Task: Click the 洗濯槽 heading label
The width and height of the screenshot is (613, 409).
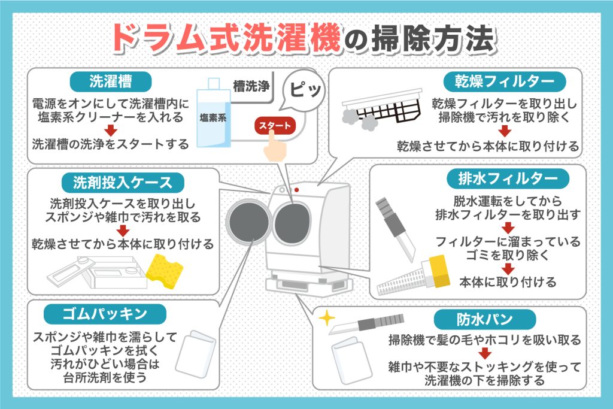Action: click(x=110, y=80)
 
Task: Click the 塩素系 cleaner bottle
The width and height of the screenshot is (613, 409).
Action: click(x=214, y=117)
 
